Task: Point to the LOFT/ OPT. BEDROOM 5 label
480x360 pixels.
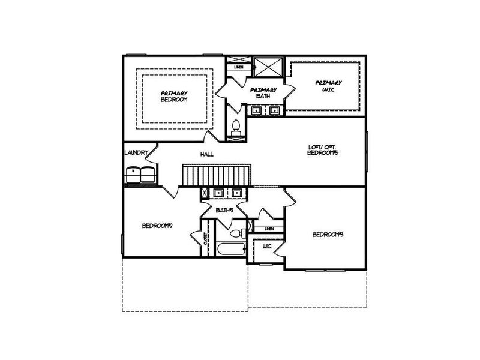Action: (324, 149)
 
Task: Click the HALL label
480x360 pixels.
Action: (207, 154)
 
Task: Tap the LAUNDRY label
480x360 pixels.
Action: (136, 152)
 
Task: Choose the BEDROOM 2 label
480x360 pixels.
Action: (157, 226)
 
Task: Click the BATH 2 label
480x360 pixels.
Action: (225, 210)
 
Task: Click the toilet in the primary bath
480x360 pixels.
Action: (236, 127)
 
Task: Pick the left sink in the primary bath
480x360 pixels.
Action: (256, 110)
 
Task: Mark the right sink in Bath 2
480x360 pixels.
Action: (238, 193)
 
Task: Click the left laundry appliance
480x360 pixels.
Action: (134, 175)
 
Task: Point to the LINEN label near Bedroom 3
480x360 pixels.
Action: (269, 229)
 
